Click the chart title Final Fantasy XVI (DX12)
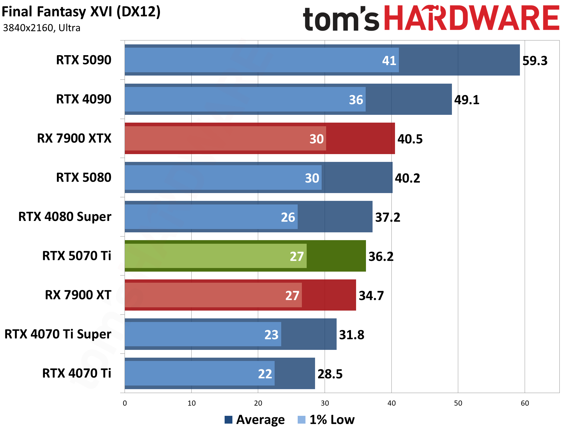(81, 12)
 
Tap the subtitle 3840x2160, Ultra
(42, 28)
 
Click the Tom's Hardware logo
(431, 19)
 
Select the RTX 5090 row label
(84, 60)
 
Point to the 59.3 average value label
(535, 61)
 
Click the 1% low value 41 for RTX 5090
(389, 61)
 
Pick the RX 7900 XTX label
(74, 139)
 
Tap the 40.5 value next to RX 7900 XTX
(410, 139)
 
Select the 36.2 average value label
(381, 257)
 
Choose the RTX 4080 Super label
(65, 217)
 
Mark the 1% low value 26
(288, 217)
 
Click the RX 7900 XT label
(78, 295)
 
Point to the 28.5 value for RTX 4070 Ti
(330, 374)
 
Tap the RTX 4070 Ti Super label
(58, 334)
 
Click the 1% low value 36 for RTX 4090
(356, 100)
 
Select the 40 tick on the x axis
(391, 403)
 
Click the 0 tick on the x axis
(125, 403)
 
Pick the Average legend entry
(255, 420)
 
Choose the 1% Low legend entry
(326, 420)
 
